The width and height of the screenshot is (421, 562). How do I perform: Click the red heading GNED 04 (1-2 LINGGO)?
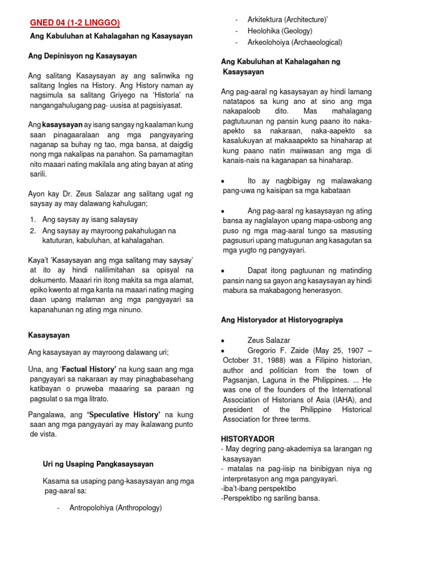tap(75, 23)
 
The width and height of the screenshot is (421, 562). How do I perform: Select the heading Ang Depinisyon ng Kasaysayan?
tap(82, 56)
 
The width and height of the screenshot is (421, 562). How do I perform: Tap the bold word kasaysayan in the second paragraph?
tap(62, 125)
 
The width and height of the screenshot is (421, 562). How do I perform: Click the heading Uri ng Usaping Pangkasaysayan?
tap(98, 464)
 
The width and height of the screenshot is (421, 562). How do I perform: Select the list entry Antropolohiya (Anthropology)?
tap(116, 508)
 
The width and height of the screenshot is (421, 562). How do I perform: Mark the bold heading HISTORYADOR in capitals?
tap(248, 439)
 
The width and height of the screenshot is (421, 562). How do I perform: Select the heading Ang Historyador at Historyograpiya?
tap(282, 319)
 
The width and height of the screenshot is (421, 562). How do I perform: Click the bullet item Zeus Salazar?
tap(269, 340)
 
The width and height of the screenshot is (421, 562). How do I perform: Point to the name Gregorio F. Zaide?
tap(280, 350)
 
